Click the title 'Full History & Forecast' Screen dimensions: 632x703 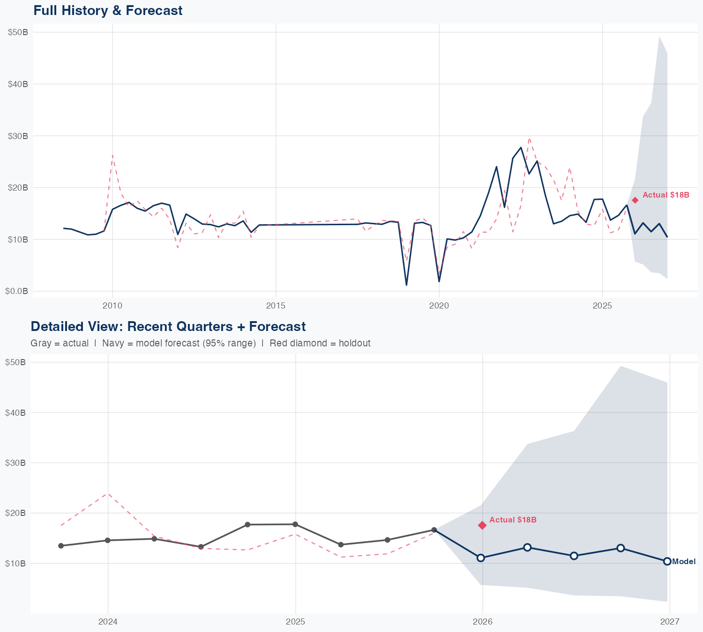[x=108, y=10]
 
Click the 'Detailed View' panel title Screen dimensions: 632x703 [x=168, y=326]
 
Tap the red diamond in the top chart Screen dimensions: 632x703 [x=635, y=200]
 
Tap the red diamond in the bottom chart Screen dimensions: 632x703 [x=482, y=525]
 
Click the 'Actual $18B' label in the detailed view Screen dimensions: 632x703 [x=513, y=520]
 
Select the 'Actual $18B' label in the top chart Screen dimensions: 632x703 [x=666, y=195]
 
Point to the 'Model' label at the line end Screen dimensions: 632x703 [x=684, y=562]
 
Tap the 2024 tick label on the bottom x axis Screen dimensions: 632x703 [x=108, y=622]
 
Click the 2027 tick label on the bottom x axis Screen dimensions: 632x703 [x=670, y=622]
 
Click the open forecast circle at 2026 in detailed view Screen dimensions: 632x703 [x=480, y=558]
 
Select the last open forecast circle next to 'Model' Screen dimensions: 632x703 [x=667, y=561]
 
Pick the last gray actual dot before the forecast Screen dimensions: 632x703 [x=434, y=530]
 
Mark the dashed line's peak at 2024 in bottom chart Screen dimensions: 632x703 [x=108, y=493]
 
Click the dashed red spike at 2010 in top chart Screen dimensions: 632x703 [x=112, y=155]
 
